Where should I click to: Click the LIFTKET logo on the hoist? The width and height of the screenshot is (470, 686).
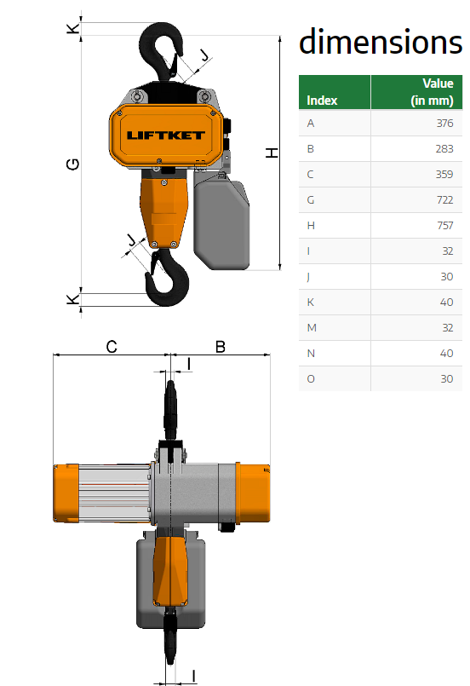point(165,135)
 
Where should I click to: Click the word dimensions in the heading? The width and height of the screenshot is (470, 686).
point(381,42)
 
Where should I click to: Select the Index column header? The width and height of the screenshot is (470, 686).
point(322,101)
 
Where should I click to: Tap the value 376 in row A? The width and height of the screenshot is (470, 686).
point(444,124)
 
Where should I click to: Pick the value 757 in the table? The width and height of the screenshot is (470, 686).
point(444,226)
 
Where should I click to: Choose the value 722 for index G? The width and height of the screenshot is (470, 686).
point(444,200)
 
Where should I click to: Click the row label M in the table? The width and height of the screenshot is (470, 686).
point(312,328)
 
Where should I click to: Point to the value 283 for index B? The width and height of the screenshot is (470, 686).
point(444,149)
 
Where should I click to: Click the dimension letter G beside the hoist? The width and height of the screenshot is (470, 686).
point(72,164)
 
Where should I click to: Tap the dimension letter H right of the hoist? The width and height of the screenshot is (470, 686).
point(272,153)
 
